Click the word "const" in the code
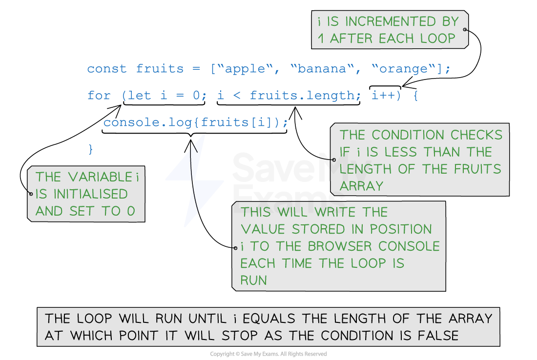point(107,68)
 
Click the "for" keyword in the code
point(99,95)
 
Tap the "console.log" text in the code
point(148,122)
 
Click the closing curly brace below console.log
point(90,149)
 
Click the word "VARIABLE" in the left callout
point(100,177)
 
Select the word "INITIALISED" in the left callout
point(90,194)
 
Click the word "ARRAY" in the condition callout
point(361,186)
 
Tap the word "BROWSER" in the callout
point(339,246)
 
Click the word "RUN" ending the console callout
point(253,280)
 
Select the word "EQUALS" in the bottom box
point(269,319)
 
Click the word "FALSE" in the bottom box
point(438,336)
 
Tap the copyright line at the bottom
point(268,354)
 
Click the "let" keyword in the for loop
point(139,95)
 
